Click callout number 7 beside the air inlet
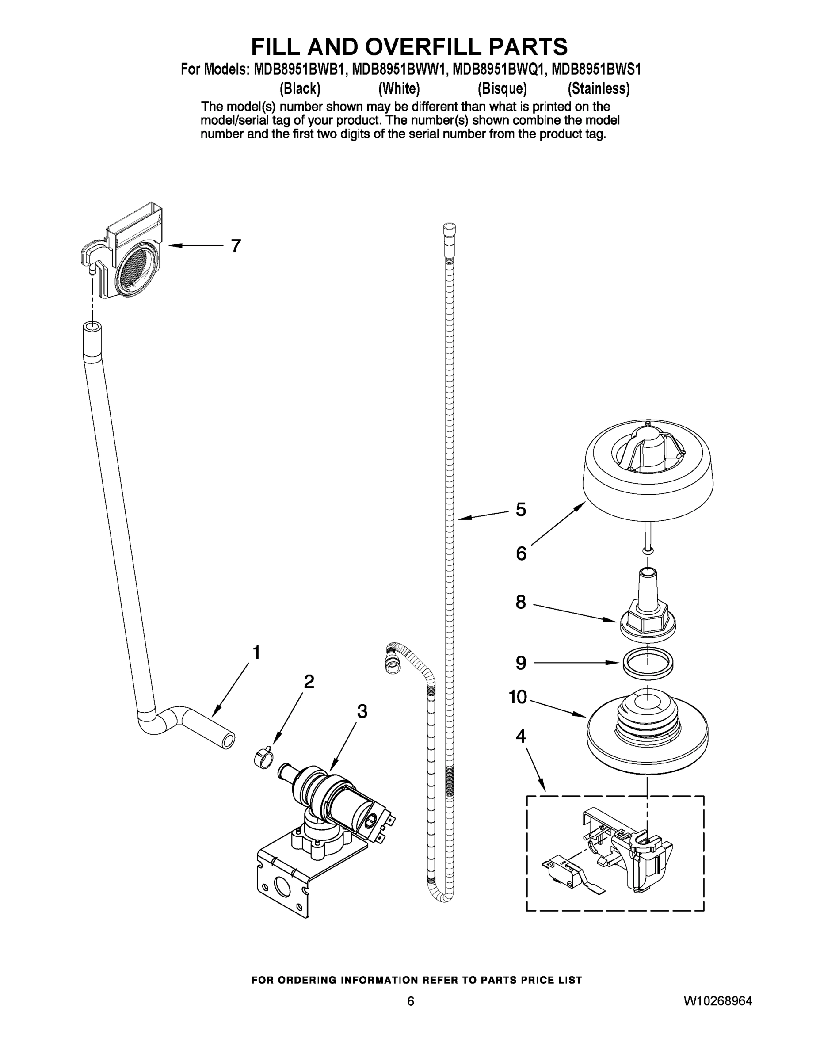(x=236, y=246)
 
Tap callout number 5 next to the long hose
(x=520, y=510)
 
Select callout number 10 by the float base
(x=518, y=697)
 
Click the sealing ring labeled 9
(x=648, y=663)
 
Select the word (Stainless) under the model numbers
(x=599, y=89)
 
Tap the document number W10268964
(x=717, y=1001)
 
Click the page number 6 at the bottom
(x=411, y=1001)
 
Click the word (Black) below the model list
(x=300, y=89)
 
